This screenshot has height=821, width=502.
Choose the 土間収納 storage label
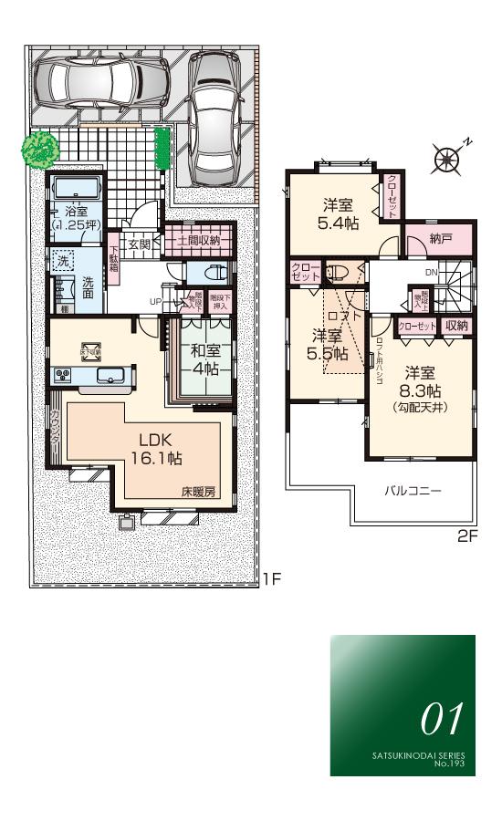[x=199, y=241]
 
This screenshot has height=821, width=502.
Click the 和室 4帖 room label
[x=204, y=359]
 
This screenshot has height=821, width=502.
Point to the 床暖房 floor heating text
[x=196, y=491]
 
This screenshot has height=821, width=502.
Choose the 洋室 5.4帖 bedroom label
[x=338, y=213]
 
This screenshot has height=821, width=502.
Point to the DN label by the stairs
[x=430, y=273]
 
